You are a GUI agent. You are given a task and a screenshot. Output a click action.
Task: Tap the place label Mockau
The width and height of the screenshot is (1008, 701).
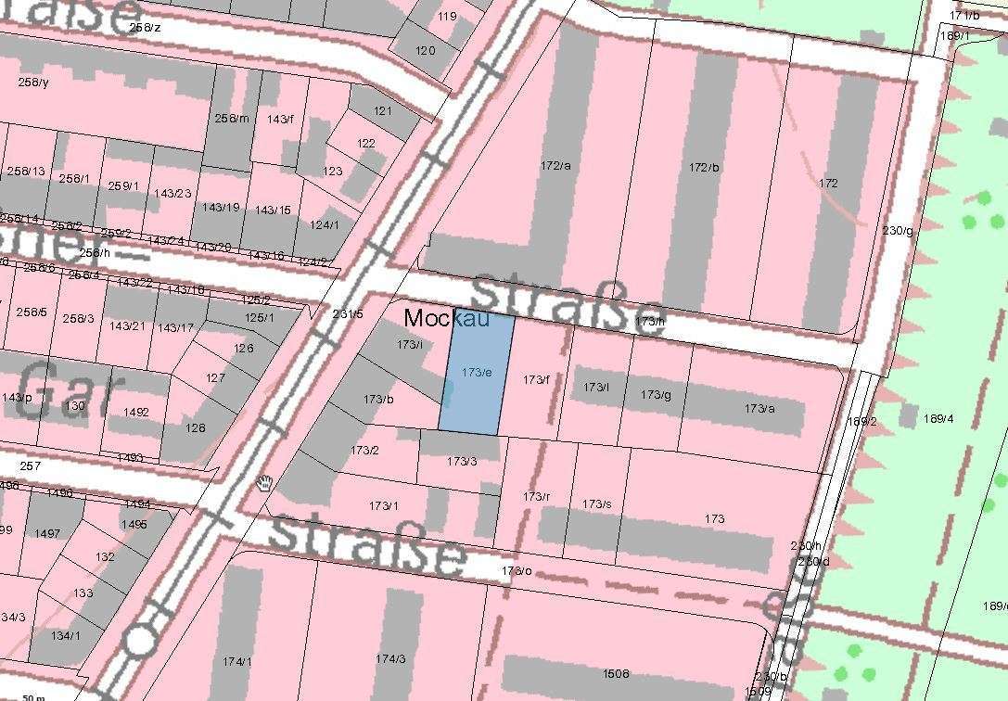pyautogui.click(x=445, y=318)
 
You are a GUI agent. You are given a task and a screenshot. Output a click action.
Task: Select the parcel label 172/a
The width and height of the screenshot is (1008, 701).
pyautogui.click(x=555, y=166)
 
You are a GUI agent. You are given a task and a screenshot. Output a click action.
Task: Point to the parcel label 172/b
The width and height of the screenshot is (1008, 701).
pyautogui.click(x=704, y=168)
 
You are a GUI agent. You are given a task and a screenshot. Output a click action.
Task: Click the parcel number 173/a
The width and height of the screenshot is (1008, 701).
pyautogui.click(x=759, y=409)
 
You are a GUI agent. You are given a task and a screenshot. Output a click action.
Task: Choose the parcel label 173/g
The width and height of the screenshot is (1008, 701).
pyautogui.click(x=655, y=395)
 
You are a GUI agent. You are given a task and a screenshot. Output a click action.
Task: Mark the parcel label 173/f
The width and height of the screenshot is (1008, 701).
pyautogui.click(x=535, y=379)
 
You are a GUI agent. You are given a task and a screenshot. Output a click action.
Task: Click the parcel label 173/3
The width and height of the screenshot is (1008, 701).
pyautogui.click(x=462, y=461)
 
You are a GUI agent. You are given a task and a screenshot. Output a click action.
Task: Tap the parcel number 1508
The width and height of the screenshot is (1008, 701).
pyautogui.click(x=616, y=674)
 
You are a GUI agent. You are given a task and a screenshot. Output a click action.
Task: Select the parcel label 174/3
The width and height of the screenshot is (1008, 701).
pyautogui.click(x=390, y=659)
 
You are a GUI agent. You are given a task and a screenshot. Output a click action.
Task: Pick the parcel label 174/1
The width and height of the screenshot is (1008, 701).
pyautogui.click(x=236, y=661)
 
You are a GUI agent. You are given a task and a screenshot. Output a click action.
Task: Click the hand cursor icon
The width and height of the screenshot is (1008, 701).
pyautogui.click(x=265, y=482)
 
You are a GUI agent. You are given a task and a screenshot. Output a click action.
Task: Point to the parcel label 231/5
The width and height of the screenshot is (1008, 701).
pyautogui.click(x=348, y=314)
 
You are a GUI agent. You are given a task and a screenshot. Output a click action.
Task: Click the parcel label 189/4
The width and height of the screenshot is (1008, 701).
pyautogui.click(x=938, y=419)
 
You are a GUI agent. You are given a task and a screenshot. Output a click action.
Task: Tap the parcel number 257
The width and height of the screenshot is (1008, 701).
pyautogui.click(x=30, y=465)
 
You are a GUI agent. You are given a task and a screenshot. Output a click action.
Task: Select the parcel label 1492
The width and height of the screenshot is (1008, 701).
pyautogui.click(x=135, y=413)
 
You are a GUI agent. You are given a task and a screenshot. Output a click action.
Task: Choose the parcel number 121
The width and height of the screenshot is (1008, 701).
pyautogui.click(x=383, y=111)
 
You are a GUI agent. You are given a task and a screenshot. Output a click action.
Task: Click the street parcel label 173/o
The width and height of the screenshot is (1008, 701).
pyautogui.click(x=516, y=570)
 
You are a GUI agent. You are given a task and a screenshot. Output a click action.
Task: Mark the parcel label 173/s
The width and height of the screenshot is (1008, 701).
pyautogui.click(x=596, y=503)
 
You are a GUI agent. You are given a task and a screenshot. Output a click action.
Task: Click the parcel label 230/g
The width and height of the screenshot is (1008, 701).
pyautogui.click(x=897, y=231)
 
